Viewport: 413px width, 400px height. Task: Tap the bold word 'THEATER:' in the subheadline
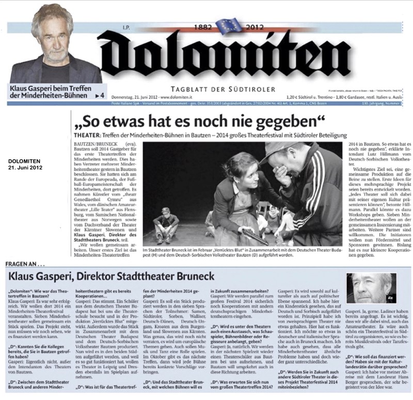point(83,135)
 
